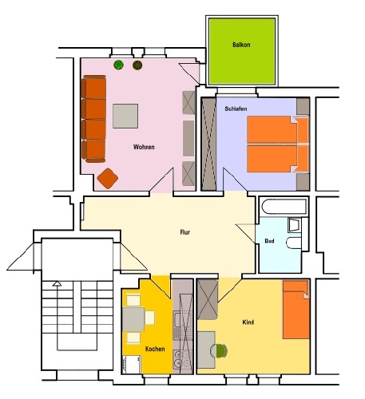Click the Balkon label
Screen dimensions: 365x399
point(241,45)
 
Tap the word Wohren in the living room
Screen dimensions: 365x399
point(144,147)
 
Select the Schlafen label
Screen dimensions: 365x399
point(236,109)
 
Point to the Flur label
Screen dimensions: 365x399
point(185,232)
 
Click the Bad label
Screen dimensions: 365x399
point(269,241)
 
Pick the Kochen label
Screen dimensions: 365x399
point(155,349)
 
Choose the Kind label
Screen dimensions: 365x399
point(248,322)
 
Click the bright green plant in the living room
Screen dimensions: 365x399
point(118,65)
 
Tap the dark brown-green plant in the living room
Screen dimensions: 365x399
point(137,65)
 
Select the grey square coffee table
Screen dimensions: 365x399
point(125,116)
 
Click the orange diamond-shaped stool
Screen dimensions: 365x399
point(108,178)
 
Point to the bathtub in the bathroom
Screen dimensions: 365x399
point(284,207)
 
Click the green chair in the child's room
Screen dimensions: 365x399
point(221,350)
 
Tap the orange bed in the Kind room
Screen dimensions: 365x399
point(296,310)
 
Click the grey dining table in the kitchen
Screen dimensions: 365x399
point(133,319)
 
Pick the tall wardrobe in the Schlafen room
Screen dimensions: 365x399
point(208,144)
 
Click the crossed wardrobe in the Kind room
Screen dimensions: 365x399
point(208,299)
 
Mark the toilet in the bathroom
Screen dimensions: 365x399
point(294,243)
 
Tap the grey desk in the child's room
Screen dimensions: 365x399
point(206,350)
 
